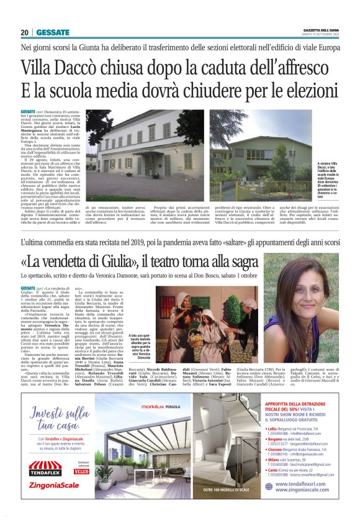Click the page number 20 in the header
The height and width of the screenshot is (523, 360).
pyautogui.click(x=25, y=32)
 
